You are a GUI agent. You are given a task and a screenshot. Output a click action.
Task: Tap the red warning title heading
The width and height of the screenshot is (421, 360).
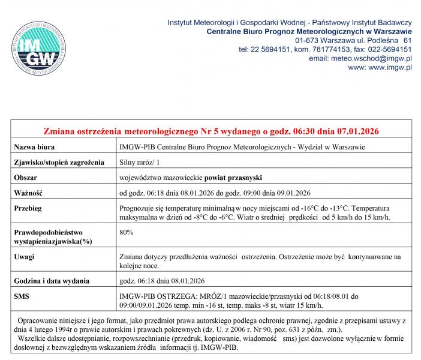212,131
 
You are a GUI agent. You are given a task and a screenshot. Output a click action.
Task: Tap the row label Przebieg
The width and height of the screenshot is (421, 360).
30,208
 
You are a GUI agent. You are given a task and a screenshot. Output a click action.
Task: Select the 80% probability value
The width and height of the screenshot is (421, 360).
127,231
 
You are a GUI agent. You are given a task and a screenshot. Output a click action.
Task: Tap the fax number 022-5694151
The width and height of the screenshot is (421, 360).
386,49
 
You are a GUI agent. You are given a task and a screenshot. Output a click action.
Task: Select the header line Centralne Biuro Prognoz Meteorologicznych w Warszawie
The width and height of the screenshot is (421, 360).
308,31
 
